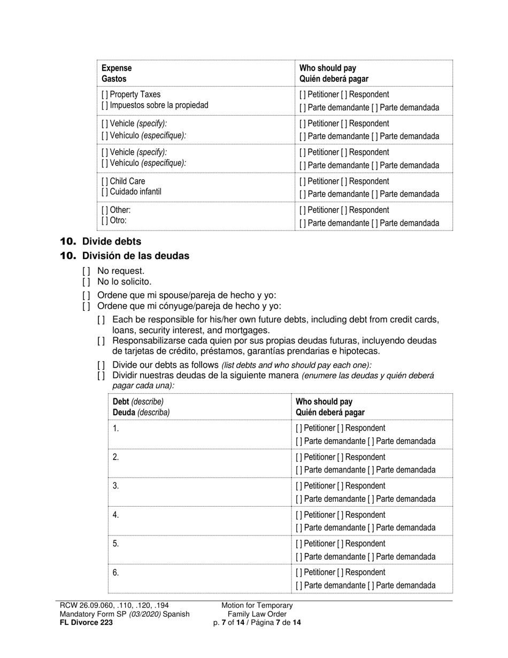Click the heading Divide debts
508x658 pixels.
[111, 241]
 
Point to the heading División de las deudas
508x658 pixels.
[135, 256]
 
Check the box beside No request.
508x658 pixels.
[86, 271]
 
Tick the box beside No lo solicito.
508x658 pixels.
[86, 281]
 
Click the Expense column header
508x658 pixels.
[117, 68]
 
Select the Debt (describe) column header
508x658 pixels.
[138, 401]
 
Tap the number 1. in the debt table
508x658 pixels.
[116, 429]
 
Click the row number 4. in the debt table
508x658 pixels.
[116, 515]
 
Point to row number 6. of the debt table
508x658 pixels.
[116, 573]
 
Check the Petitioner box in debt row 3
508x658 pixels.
[299, 486]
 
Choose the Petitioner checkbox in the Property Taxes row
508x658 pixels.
[303, 95]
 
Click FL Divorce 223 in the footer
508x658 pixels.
[86, 623]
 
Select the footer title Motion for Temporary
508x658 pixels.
[257, 606]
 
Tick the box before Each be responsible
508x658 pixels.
[101, 320]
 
